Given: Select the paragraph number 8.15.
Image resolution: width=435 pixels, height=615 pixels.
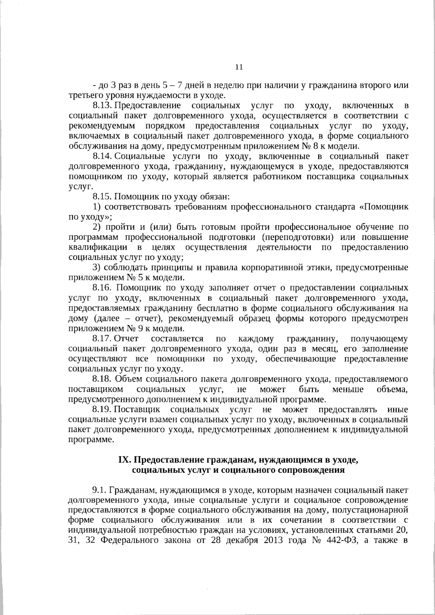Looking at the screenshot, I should pyautogui.click(x=103, y=197).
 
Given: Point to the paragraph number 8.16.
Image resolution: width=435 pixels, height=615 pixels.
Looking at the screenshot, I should pyautogui.click(x=103, y=288).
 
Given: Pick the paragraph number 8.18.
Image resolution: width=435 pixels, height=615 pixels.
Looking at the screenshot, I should pyautogui.click(x=103, y=379).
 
